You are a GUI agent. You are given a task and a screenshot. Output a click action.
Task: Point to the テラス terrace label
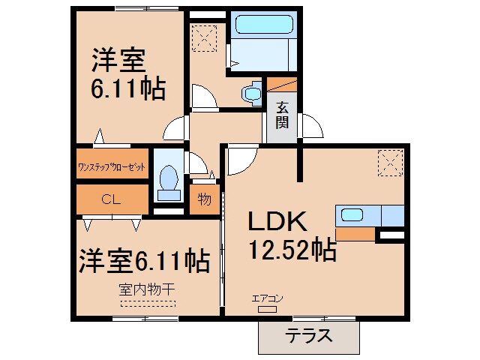(x=308, y=335)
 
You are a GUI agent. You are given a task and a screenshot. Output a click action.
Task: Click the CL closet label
(x=111, y=199)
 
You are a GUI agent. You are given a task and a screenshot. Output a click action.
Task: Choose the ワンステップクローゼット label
(x=112, y=167)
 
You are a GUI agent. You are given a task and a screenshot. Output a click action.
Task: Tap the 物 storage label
(x=203, y=199)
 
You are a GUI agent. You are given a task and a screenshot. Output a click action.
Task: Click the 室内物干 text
(x=147, y=288)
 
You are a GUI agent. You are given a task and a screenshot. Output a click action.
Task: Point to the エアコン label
(x=267, y=298)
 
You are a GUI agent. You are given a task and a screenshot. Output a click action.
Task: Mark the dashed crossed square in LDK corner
(x=391, y=161)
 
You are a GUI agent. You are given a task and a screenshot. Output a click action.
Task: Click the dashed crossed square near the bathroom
(x=204, y=36)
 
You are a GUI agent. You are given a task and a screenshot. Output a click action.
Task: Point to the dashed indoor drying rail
(x=147, y=304)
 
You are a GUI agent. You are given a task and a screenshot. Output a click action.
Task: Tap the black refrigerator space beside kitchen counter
(x=392, y=235)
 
